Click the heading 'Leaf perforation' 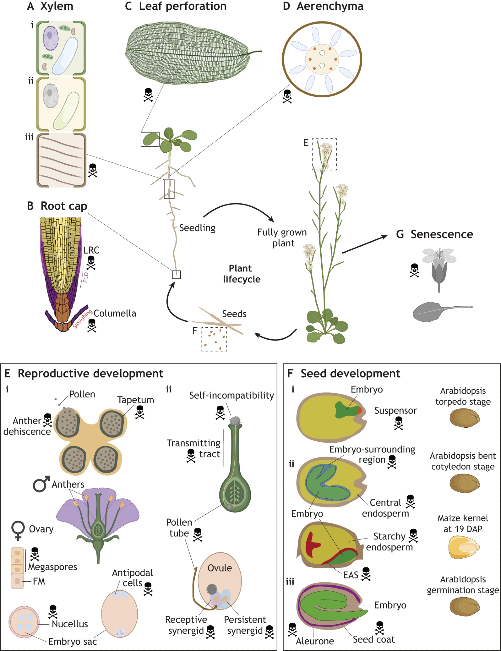[182, 6]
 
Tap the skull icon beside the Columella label [92, 325]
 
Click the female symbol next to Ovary [18, 531]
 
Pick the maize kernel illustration [464, 547]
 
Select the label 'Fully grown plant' [282, 238]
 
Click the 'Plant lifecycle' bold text [241, 274]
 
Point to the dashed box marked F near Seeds [214, 339]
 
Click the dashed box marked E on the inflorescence [324, 154]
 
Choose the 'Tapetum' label [135, 400]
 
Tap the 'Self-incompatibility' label [231, 395]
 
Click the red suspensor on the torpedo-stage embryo [359, 410]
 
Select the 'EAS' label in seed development [351, 575]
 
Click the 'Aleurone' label [315, 641]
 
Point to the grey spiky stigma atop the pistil [235, 421]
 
